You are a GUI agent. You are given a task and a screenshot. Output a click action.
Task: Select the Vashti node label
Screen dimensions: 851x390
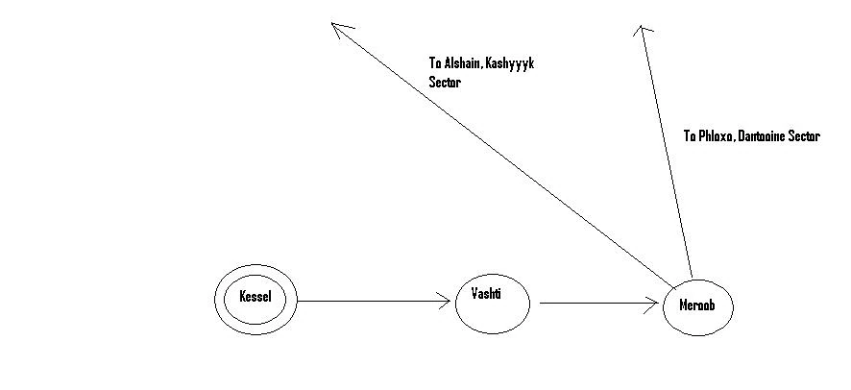click(487, 292)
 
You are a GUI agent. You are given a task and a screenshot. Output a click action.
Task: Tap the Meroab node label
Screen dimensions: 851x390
click(698, 306)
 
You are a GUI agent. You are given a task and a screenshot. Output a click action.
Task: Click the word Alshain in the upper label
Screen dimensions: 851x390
click(465, 65)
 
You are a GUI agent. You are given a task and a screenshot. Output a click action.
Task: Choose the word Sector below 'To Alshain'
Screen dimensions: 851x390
click(445, 84)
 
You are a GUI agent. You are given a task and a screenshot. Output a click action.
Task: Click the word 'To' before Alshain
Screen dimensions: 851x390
click(434, 65)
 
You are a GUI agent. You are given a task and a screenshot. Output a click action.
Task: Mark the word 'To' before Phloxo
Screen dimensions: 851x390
click(690, 136)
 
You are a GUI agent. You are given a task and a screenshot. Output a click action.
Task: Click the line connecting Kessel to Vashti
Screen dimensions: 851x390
click(375, 302)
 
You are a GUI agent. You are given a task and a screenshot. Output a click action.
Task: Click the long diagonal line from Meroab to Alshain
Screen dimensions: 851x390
click(499, 154)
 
